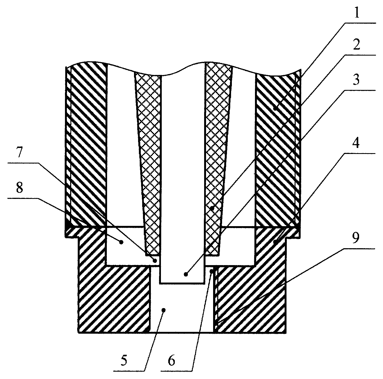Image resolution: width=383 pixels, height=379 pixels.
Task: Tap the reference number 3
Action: point(356,80)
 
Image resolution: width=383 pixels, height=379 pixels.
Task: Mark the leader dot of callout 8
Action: point(121,242)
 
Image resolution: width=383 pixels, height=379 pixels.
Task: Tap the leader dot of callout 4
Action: point(275,242)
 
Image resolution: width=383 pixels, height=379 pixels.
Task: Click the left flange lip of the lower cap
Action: point(73,232)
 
